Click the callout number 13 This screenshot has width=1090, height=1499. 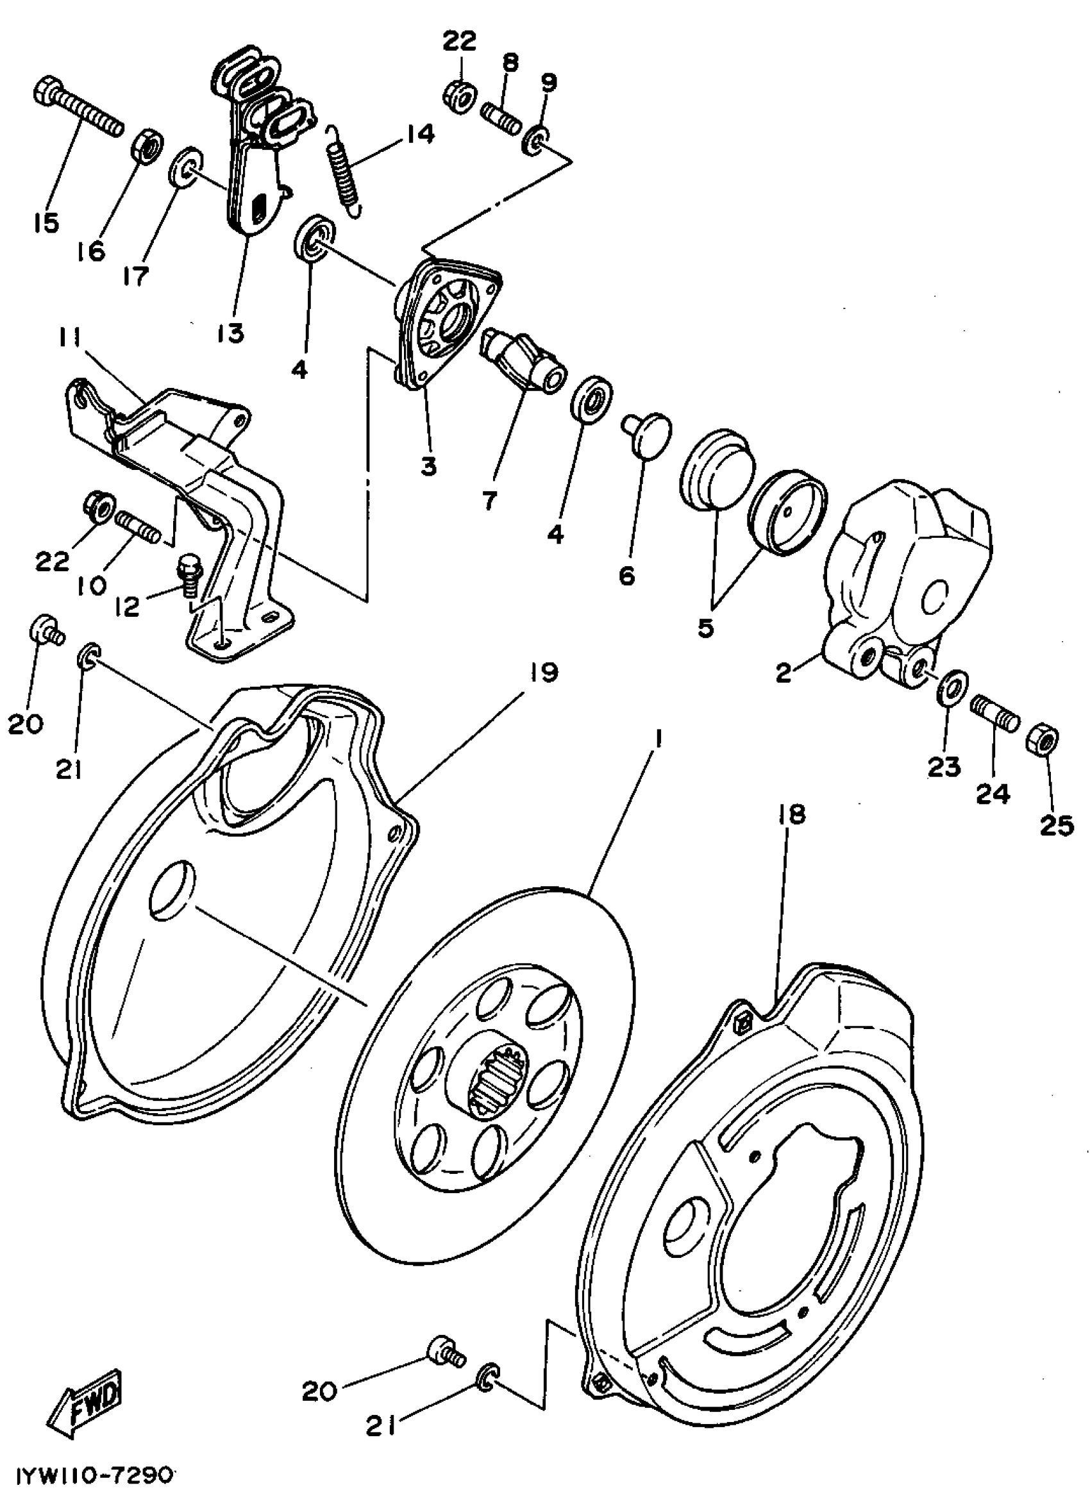[230, 333]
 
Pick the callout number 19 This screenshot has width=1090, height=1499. [543, 673]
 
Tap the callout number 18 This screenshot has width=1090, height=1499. [793, 814]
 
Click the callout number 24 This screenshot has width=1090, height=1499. [993, 793]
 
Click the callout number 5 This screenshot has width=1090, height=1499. [705, 628]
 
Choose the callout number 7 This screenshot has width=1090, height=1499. [489, 501]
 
